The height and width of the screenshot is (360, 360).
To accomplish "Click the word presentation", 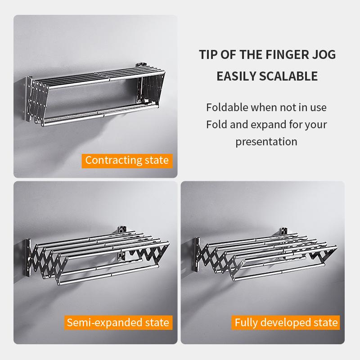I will pyautogui.click(x=266, y=141).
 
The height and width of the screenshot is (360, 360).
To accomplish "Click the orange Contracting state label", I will pyautogui.click(x=127, y=160).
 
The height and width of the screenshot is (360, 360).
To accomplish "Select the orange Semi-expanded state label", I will pyautogui.click(x=118, y=322).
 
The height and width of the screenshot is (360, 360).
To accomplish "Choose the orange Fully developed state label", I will pyautogui.click(x=286, y=322).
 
